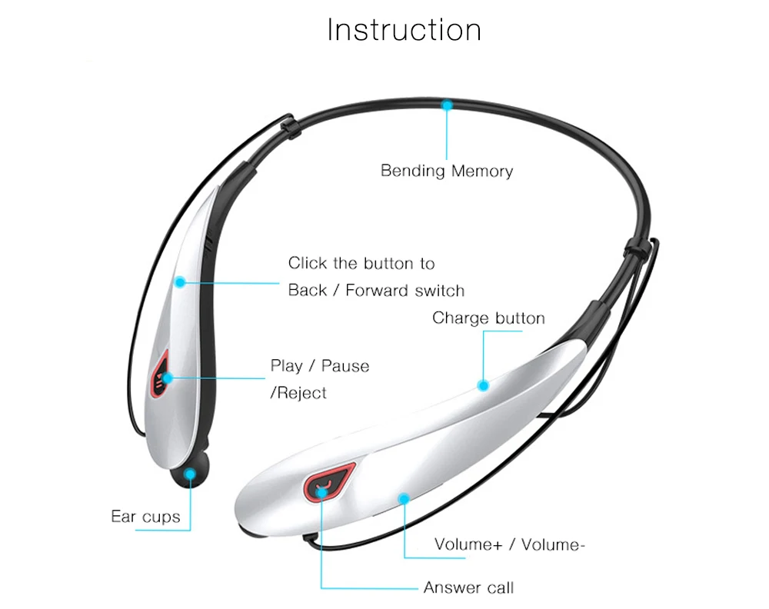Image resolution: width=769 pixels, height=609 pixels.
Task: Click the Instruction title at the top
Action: tap(404, 30)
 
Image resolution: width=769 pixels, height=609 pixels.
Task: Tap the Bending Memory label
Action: tap(447, 171)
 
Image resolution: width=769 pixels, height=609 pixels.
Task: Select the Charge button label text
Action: tap(488, 318)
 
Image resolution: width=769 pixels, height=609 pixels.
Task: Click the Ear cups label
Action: tap(145, 516)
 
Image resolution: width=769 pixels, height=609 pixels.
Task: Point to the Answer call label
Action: tap(468, 588)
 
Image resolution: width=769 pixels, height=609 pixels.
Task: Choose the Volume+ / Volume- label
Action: tap(510, 545)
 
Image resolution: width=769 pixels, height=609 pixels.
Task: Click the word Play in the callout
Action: tap(287, 366)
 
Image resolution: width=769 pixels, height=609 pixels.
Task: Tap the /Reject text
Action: tap(298, 393)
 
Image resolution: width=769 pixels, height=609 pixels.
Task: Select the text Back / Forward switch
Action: tap(376, 291)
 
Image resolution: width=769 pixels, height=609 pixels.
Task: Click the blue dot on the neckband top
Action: tap(447, 105)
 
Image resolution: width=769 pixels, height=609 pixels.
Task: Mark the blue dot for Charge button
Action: tap(483, 384)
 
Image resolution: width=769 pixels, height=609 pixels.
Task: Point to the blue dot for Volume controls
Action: tap(403, 498)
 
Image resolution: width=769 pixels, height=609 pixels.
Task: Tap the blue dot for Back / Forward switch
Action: tap(180, 282)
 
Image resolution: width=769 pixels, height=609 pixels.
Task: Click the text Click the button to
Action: tap(361, 264)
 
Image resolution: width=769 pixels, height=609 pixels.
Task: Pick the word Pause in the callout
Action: tap(345, 366)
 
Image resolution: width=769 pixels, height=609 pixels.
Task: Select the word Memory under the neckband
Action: tap(482, 171)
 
